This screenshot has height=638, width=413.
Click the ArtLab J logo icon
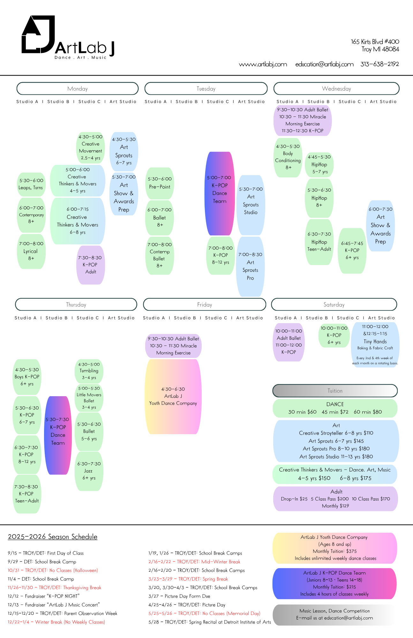tap(38, 34)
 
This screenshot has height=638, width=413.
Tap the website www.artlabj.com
tap(263, 64)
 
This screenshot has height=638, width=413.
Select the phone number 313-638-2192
tap(379, 64)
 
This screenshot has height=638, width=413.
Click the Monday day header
tap(78, 89)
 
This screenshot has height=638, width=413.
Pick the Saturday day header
tap(334, 305)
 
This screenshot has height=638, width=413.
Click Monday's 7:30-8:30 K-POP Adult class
tap(91, 265)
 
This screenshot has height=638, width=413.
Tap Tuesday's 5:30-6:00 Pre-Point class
tap(160, 183)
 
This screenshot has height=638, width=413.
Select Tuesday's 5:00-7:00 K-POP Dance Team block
tap(220, 193)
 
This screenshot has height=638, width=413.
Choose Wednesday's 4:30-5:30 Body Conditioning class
tap(288, 157)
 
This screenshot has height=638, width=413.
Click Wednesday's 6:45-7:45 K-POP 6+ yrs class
tap(352, 250)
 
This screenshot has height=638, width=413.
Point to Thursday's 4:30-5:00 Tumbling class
tap(89, 371)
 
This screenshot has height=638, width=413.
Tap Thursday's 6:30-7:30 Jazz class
tap(89, 471)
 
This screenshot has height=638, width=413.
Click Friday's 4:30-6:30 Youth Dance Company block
tap(173, 397)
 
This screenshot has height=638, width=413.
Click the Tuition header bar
tap(335, 391)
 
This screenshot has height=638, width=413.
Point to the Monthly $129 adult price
tap(335, 506)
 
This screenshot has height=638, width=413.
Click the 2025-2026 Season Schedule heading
tap(53, 537)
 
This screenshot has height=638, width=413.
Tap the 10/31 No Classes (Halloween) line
tap(53, 570)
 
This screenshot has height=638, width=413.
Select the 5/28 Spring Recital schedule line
tap(210, 622)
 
